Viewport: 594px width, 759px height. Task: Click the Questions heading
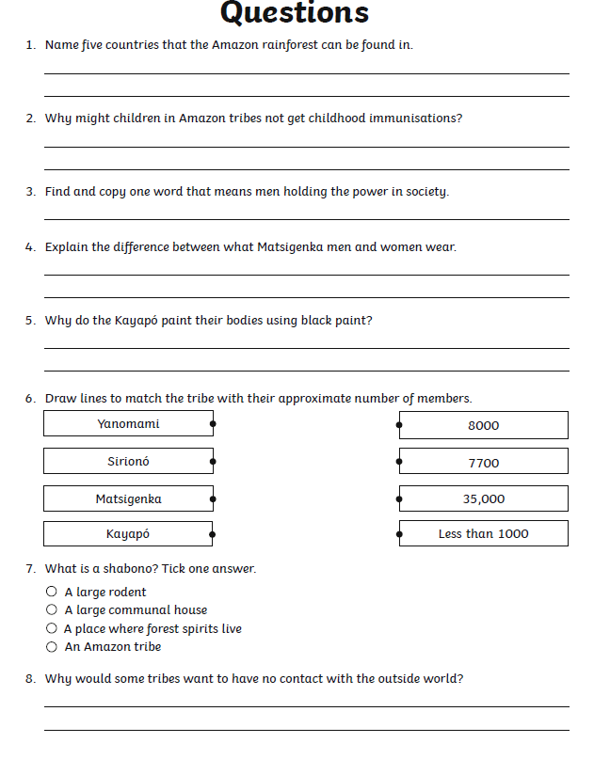pos(294,13)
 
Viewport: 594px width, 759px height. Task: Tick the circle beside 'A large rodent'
pos(52,593)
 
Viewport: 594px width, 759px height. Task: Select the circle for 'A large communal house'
pos(52,610)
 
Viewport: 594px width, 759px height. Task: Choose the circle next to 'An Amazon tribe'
pos(52,647)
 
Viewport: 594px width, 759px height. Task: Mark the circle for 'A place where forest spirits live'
pos(52,628)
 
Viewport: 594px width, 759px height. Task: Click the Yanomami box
pos(128,424)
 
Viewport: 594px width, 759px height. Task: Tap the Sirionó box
pos(128,462)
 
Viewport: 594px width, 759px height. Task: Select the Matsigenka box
pos(128,499)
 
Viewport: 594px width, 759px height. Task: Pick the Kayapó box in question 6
pos(128,534)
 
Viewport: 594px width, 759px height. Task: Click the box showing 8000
pos(483,425)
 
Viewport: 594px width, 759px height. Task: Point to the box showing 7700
pos(483,463)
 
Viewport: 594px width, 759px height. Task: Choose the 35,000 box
pos(483,499)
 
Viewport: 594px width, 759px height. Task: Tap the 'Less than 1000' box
pos(483,534)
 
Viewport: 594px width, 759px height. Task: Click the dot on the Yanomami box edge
pos(213,424)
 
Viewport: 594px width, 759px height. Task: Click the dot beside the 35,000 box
pos(399,499)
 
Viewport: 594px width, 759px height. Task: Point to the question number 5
pos(30,321)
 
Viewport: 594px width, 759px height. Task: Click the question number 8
pos(30,679)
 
